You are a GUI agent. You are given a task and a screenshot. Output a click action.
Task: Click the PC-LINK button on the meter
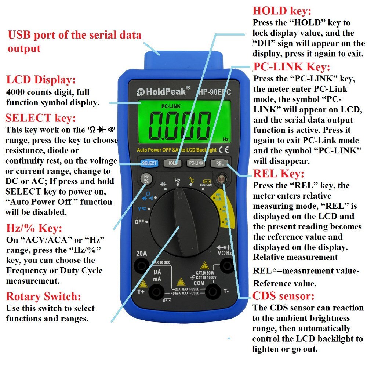(196, 163)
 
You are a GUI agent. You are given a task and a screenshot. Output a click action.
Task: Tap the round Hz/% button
(146, 179)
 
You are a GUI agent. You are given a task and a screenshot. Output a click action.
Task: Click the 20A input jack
(141, 265)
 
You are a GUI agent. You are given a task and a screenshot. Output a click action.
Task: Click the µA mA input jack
(157, 292)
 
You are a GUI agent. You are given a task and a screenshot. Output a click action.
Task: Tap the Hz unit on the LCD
(226, 139)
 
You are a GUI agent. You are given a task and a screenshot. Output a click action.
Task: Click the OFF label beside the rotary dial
(139, 222)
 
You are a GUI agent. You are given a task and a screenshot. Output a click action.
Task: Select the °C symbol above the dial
(191, 180)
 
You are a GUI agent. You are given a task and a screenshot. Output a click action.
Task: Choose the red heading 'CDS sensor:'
(283, 296)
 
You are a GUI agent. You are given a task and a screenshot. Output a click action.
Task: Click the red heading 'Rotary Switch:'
(43, 296)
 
